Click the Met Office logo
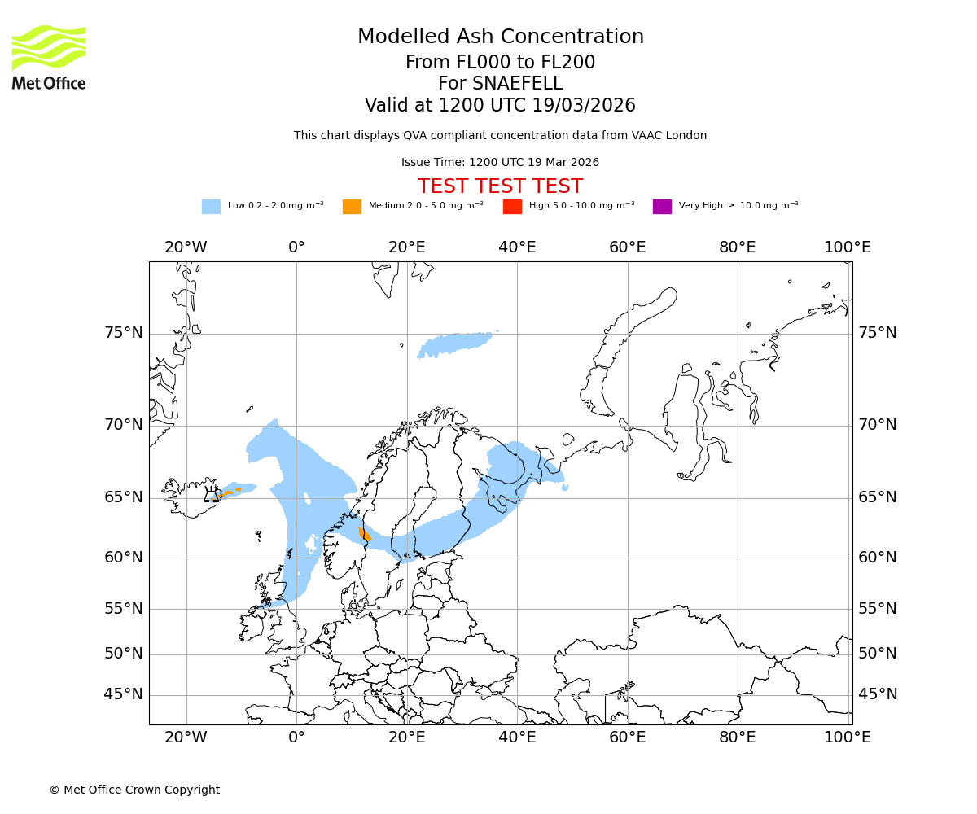pyautogui.click(x=49, y=57)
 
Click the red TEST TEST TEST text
pyautogui.click(x=500, y=186)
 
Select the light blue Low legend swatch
pyautogui.click(x=211, y=207)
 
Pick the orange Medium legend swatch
pyautogui.click(x=352, y=207)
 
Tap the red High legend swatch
pyautogui.click(x=512, y=207)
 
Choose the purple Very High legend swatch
pyautogui.click(x=662, y=207)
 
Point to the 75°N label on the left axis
pyautogui.click(x=123, y=333)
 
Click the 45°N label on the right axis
pyautogui.click(x=878, y=694)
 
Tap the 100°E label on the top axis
pyautogui.click(x=848, y=247)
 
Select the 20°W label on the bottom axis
pyautogui.click(x=186, y=737)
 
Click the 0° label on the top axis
pyautogui.click(x=296, y=247)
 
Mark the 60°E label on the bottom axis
pyautogui.click(x=627, y=737)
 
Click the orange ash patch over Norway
pyautogui.click(x=365, y=534)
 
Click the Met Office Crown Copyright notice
pyautogui.click(x=134, y=790)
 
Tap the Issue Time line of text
pyautogui.click(x=500, y=162)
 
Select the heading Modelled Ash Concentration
pyautogui.click(x=500, y=37)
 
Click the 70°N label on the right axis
pyautogui.click(x=878, y=425)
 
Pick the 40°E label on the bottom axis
pyautogui.click(x=517, y=737)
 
